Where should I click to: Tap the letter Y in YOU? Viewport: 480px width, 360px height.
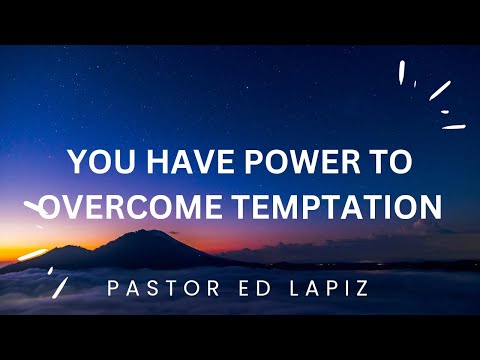click(77, 162)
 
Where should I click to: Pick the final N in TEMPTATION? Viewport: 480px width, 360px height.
click(430, 206)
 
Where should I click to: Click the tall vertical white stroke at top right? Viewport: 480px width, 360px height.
click(402, 71)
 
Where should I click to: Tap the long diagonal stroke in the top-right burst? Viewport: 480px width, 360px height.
click(439, 90)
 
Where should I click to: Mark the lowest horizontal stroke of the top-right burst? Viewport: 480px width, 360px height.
click(454, 127)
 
